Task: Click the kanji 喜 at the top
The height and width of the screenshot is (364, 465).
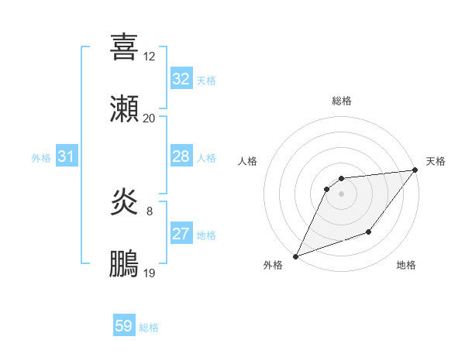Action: (x=124, y=46)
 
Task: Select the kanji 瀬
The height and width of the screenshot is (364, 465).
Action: (x=124, y=109)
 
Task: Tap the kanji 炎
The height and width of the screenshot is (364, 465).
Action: (x=124, y=202)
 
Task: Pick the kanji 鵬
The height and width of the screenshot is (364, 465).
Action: (x=124, y=264)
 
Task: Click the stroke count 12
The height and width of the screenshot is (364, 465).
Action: (x=149, y=56)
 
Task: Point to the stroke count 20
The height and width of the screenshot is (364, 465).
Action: (x=149, y=118)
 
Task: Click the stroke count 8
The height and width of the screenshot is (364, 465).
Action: (x=149, y=211)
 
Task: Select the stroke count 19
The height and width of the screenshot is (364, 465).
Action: (x=149, y=273)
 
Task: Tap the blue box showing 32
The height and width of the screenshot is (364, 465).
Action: (x=181, y=79)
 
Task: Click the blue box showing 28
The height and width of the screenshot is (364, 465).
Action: (x=181, y=156)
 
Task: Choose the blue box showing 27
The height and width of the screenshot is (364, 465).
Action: (x=181, y=234)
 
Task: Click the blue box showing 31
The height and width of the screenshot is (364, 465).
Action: (x=66, y=156)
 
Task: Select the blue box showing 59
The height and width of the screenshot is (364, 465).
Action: (x=124, y=326)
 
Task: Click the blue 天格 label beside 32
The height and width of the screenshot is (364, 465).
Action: (x=206, y=81)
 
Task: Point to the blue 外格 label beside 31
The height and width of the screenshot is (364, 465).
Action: (x=41, y=158)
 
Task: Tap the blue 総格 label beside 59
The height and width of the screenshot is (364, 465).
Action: (x=149, y=328)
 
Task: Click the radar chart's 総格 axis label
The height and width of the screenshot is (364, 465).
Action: (x=342, y=101)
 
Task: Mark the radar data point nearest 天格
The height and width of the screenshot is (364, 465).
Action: (x=415, y=170)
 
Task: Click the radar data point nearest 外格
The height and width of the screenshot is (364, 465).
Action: (x=295, y=256)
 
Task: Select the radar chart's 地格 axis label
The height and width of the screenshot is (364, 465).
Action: (x=406, y=265)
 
